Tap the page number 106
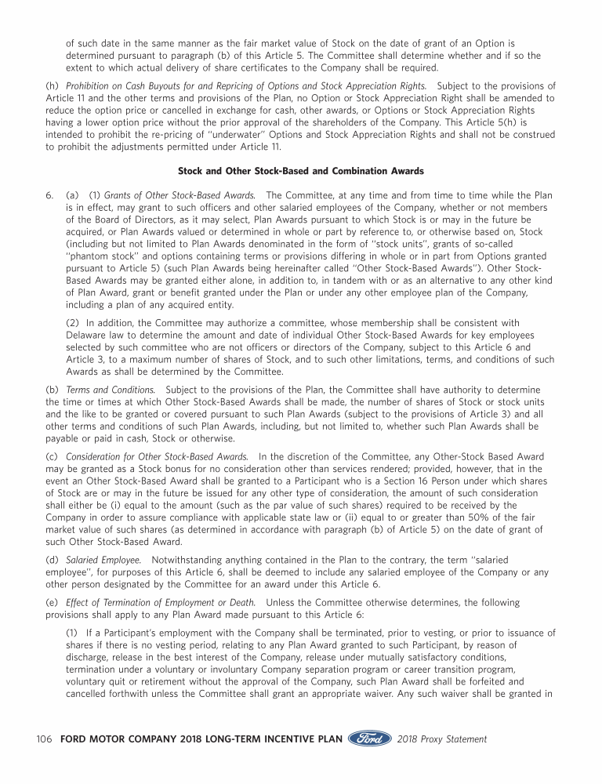45,739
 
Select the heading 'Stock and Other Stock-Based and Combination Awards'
300,170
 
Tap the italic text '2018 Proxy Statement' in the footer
442,739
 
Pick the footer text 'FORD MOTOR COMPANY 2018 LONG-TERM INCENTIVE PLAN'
201,739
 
